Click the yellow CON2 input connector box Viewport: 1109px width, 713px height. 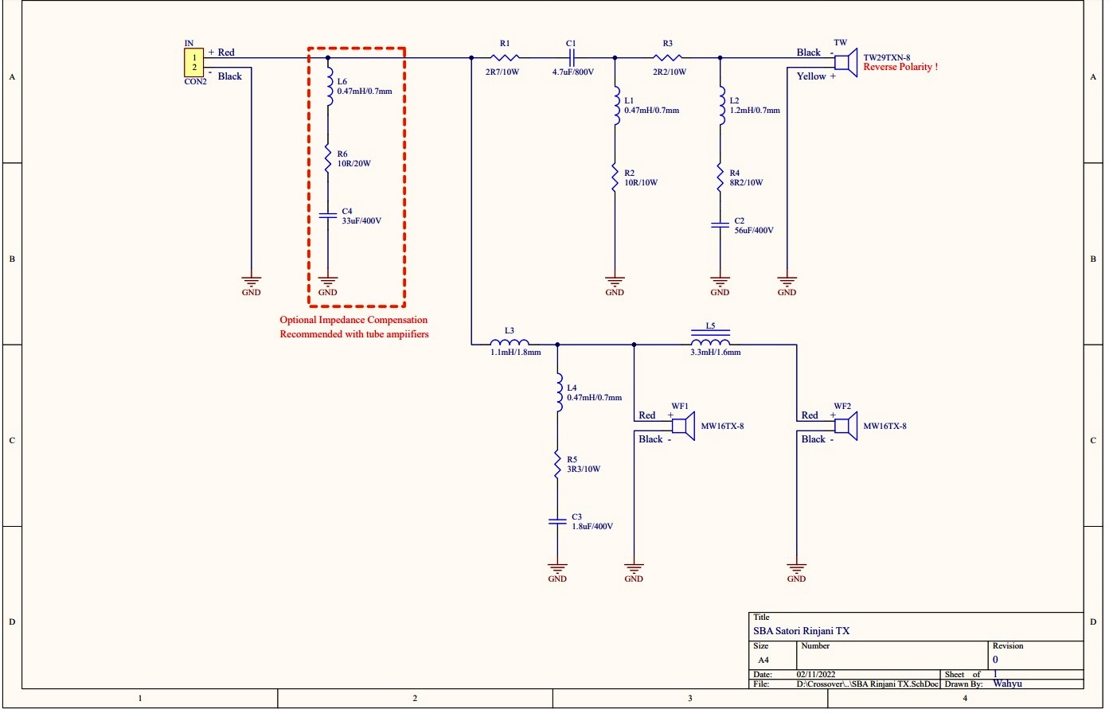(x=193, y=62)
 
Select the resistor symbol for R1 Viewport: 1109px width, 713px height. (x=505, y=57)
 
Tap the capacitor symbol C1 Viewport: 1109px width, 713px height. (x=572, y=57)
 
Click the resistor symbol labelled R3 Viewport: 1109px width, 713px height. (x=667, y=57)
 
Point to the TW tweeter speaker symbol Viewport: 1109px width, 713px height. (x=846, y=62)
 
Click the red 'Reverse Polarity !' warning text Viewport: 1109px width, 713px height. (x=900, y=67)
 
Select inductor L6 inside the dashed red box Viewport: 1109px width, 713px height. (x=329, y=87)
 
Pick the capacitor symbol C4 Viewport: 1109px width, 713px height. (x=328, y=215)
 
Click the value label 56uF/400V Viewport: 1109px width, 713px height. (x=753, y=230)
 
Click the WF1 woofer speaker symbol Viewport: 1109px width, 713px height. (x=683, y=426)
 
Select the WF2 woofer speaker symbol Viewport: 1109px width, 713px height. (x=846, y=426)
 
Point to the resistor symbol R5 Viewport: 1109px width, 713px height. (x=557, y=464)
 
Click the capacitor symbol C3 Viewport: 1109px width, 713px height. (x=557, y=521)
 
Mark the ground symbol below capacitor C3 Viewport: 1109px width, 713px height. (x=557, y=567)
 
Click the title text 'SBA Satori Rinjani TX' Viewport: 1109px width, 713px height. (x=801, y=631)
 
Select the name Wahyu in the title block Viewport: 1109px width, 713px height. (x=1008, y=684)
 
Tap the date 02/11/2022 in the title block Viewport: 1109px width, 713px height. (x=816, y=674)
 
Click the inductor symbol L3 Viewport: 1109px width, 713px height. (x=510, y=341)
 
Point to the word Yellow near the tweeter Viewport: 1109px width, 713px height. (x=811, y=76)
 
